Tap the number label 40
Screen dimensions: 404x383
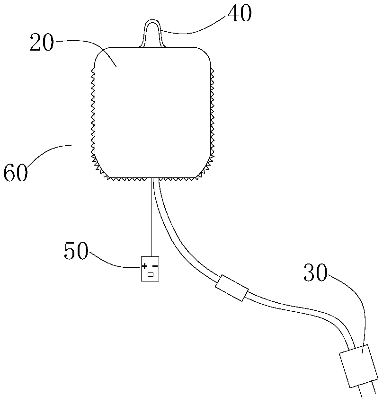[x=239, y=14]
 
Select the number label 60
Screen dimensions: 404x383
[x=16, y=173]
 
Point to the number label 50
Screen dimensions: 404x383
[x=76, y=252]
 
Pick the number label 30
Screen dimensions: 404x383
[x=315, y=273]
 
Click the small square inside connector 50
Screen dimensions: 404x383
[x=151, y=274]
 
